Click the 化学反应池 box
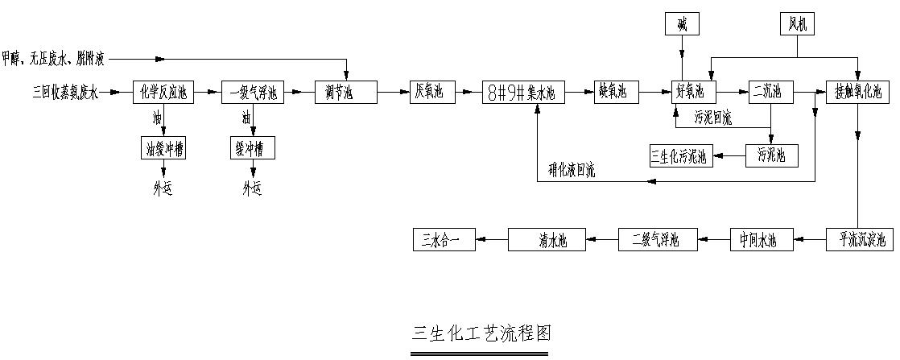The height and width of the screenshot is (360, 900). tap(164, 93)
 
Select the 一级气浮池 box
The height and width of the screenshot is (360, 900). tap(253, 93)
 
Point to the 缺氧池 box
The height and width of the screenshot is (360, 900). tap(617, 93)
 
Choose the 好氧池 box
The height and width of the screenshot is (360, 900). tap(693, 93)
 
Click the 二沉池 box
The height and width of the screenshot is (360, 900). tap(770, 93)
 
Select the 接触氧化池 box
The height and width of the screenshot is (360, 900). tap(858, 93)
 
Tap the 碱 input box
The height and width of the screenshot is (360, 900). tap(682, 25)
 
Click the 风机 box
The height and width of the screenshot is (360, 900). tap(797, 25)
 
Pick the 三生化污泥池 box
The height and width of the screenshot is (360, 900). tap(681, 155)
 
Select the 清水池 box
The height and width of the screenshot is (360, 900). tap(551, 240)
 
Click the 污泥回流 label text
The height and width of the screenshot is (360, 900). tap(713, 118)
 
